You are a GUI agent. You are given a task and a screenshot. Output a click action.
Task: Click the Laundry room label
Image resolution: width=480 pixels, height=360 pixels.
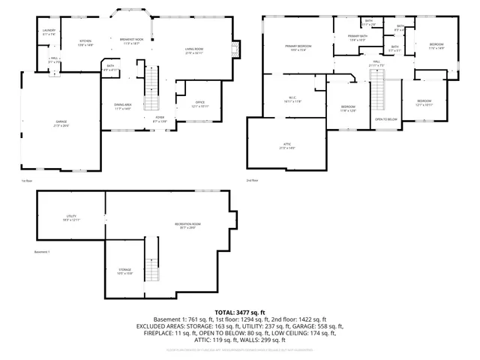(49, 31)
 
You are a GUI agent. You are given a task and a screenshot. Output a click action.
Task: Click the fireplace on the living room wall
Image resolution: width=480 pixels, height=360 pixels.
(237, 50)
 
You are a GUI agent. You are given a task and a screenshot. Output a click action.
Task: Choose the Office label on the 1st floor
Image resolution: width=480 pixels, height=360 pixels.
(200, 103)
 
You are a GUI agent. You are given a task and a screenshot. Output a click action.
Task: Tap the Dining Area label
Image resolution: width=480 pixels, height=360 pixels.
(123, 106)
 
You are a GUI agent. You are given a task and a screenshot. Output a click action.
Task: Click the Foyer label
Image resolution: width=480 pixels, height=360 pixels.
(160, 119)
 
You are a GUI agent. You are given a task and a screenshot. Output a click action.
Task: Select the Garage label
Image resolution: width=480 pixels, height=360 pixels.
(61, 123)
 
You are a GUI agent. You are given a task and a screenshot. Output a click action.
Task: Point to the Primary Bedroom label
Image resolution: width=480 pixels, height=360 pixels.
(298, 47)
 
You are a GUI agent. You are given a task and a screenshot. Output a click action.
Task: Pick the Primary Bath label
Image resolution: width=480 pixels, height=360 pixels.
(358, 37)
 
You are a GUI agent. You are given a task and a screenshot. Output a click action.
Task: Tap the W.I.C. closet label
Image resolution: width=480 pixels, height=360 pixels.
(293, 98)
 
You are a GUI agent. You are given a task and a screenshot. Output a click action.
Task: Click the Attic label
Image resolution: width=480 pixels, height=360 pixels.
(286, 146)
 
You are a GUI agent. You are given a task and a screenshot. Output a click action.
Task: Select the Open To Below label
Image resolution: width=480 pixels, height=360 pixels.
(385, 119)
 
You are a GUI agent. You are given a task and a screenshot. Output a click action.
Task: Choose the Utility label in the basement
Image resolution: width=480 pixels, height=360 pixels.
(70, 218)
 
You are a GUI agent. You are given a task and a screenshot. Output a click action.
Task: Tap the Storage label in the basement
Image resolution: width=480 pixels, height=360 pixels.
(124, 271)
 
